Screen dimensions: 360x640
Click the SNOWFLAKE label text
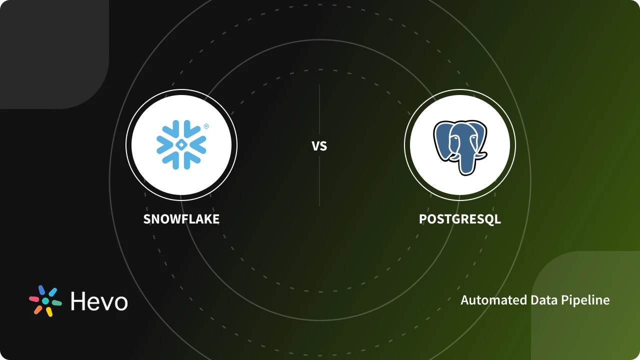tap(181, 219)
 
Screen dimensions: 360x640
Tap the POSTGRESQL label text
tap(459, 219)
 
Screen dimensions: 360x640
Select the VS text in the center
tap(319, 146)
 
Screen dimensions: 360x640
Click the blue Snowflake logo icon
tap(181, 144)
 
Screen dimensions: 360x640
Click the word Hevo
tap(99, 301)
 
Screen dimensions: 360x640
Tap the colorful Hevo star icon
tap(45, 301)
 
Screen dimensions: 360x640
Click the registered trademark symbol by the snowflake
tap(206, 126)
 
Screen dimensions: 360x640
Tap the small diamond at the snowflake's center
tap(181, 144)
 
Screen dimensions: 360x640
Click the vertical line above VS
tap(319, 110)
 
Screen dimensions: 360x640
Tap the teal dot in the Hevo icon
tap(45, 301)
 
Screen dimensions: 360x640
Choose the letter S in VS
tap(323, 146)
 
